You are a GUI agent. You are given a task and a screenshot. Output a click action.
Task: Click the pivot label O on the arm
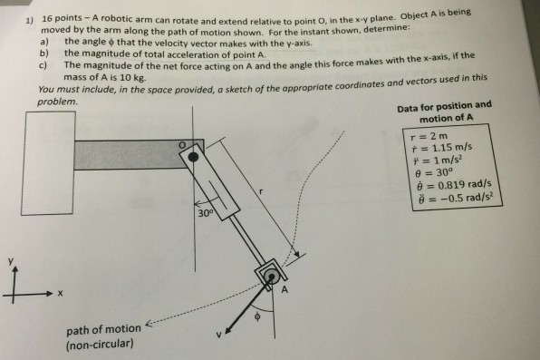181,143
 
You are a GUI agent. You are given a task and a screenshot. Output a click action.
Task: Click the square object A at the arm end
268,274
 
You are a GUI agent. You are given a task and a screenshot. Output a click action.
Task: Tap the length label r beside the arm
262,192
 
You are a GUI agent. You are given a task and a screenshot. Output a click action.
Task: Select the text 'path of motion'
102,328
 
